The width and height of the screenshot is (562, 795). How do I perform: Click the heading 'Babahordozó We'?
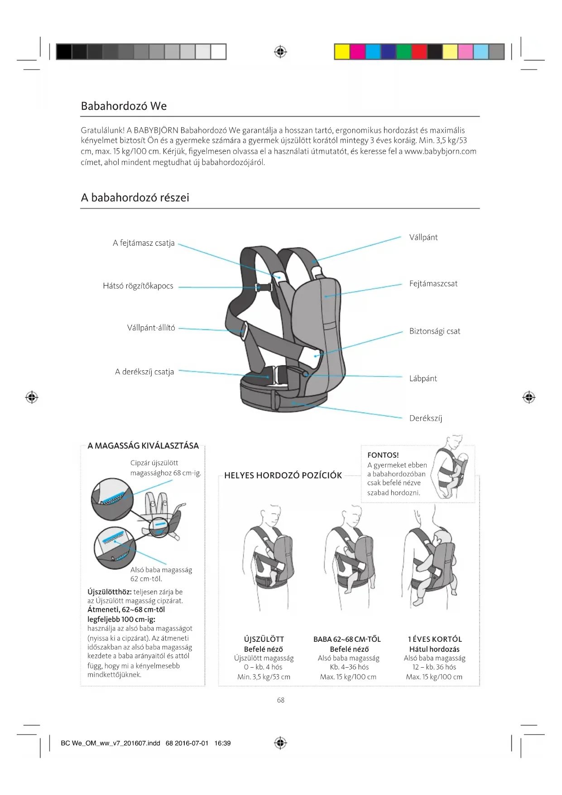coord(124,106)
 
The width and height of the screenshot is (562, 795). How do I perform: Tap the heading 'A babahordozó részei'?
coord(135,198)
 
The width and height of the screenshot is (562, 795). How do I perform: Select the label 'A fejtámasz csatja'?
coord(144,243)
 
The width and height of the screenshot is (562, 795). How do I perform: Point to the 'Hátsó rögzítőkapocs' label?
coord(138,286)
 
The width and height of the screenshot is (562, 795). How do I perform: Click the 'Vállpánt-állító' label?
coord(151,328)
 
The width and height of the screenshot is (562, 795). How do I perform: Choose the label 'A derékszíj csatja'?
coord(144,372)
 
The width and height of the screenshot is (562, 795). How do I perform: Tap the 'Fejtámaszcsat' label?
coord(433,284)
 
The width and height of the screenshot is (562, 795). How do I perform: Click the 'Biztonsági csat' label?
coord(435,331)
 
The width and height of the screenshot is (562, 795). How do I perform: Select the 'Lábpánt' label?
coord(423,378)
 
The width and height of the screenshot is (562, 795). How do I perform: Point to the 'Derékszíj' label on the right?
coord(426,418)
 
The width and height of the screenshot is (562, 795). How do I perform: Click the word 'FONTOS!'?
coord(383,455)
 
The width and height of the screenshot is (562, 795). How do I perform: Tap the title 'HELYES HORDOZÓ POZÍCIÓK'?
coord(283,475)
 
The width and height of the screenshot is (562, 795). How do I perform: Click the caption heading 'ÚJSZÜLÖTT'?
coord(264,639)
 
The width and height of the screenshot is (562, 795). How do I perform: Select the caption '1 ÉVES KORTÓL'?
coord(435,639)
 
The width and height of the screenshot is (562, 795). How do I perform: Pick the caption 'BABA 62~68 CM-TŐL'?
coord(347,639)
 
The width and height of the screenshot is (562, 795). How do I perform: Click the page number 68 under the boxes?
coord(281,700)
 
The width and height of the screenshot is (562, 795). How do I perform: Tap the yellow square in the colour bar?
coord(342,52)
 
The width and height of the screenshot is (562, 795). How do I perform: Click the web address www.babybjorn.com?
coord(440,151)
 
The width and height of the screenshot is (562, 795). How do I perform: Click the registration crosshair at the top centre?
coord(281,52)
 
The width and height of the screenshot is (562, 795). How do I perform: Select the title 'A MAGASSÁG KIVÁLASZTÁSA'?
coord(143,446)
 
